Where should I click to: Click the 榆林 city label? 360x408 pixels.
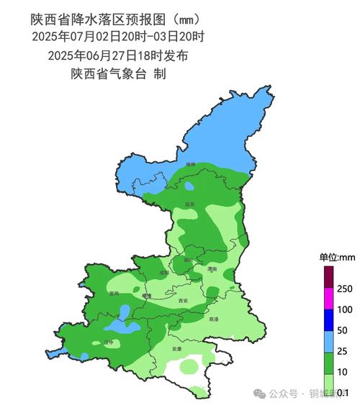click(x=190, y=165)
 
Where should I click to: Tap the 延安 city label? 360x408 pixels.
click(x=190, y=204)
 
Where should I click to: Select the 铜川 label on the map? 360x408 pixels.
click(x=189, y=260)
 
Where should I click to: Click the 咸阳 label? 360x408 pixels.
click(x=164, y=273)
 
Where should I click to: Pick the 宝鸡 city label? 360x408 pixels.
click(x=114, y=294)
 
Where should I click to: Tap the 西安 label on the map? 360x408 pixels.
click(x=182, y=301)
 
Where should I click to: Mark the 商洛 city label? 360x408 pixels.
click(x=213, y=319)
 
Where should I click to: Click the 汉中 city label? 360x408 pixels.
click(x=108, y=342)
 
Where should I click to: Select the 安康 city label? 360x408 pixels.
click(x=177, y=349)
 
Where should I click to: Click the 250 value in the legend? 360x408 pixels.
click(x=345, y=289)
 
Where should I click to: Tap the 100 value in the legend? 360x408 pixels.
click(x=345, y=310)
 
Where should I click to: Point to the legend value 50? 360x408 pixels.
click(x=343, y=330)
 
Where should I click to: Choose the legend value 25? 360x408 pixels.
click(x=343, y=351)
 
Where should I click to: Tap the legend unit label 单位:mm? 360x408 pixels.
click(x=338, y=257)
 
